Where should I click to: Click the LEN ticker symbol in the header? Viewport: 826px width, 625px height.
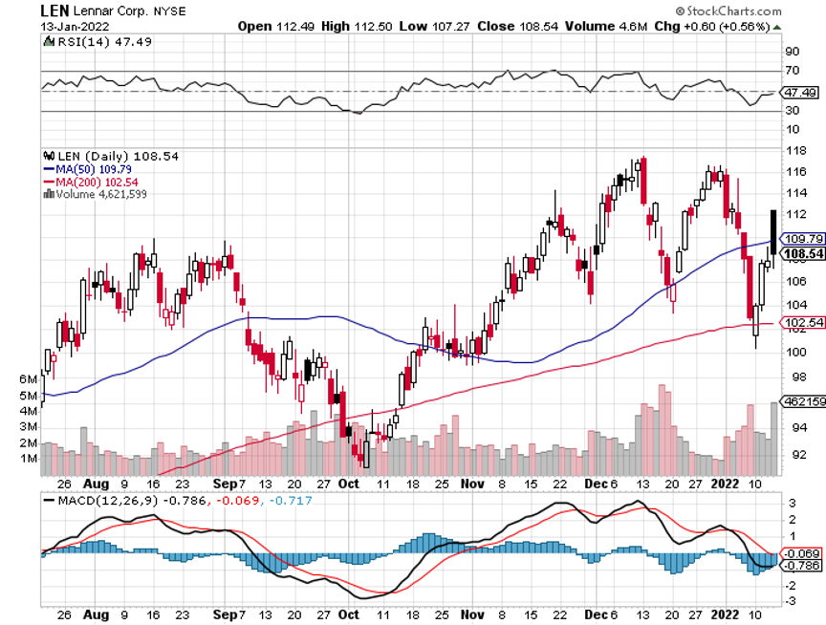point(54,10)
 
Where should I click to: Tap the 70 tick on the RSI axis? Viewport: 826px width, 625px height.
point(791,71)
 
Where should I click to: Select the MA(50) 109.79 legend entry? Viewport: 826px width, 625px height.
point(92,169)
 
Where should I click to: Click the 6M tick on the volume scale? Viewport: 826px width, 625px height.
point(29,379)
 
